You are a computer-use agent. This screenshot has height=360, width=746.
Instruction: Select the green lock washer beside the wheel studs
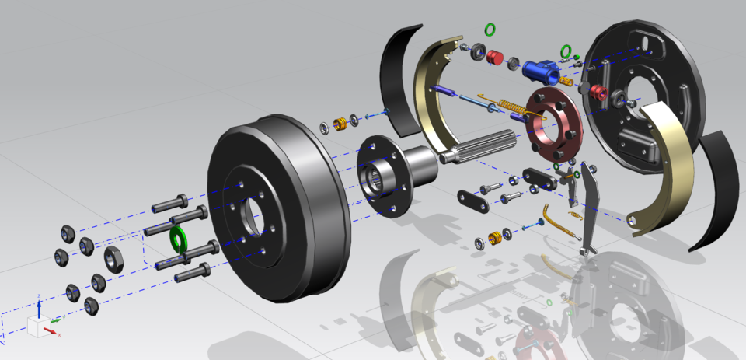point(180,238)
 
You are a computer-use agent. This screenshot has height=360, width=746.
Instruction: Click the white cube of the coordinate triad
point(37,327)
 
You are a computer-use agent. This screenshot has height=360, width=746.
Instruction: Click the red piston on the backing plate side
point(597,93)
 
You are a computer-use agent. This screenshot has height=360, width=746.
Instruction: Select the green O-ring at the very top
point(490,30)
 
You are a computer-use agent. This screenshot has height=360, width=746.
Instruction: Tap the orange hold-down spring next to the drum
point(340,124)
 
